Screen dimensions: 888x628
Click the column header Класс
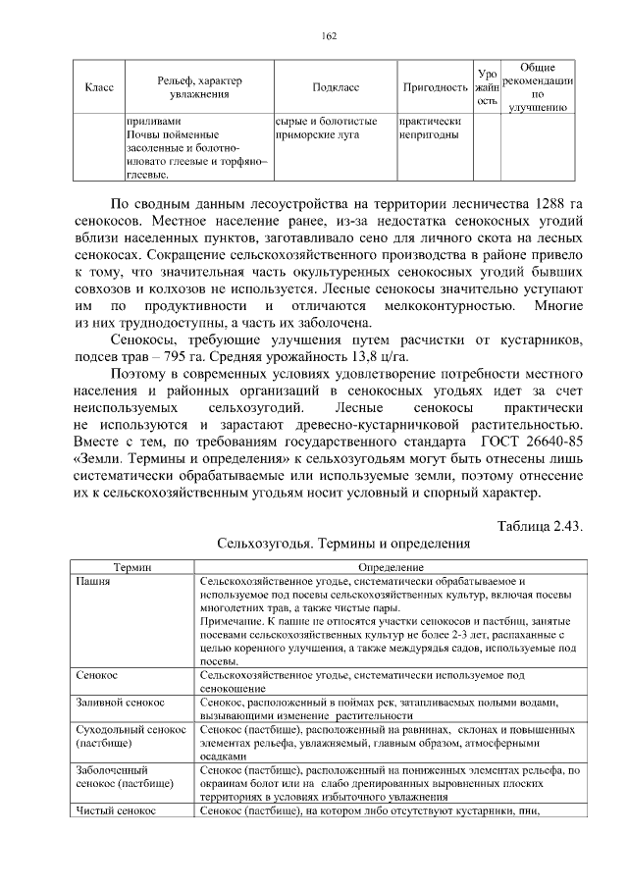(x=100, y=87)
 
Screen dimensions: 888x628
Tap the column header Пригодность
(x=434, y=87)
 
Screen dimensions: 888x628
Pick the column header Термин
(x=131, y=568)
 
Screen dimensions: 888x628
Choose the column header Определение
(x=391, y=568)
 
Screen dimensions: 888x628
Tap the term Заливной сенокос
(x=121, y=703)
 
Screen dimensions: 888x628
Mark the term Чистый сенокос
(x=117, y=811)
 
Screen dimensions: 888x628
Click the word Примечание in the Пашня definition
(x=231, y=621)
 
